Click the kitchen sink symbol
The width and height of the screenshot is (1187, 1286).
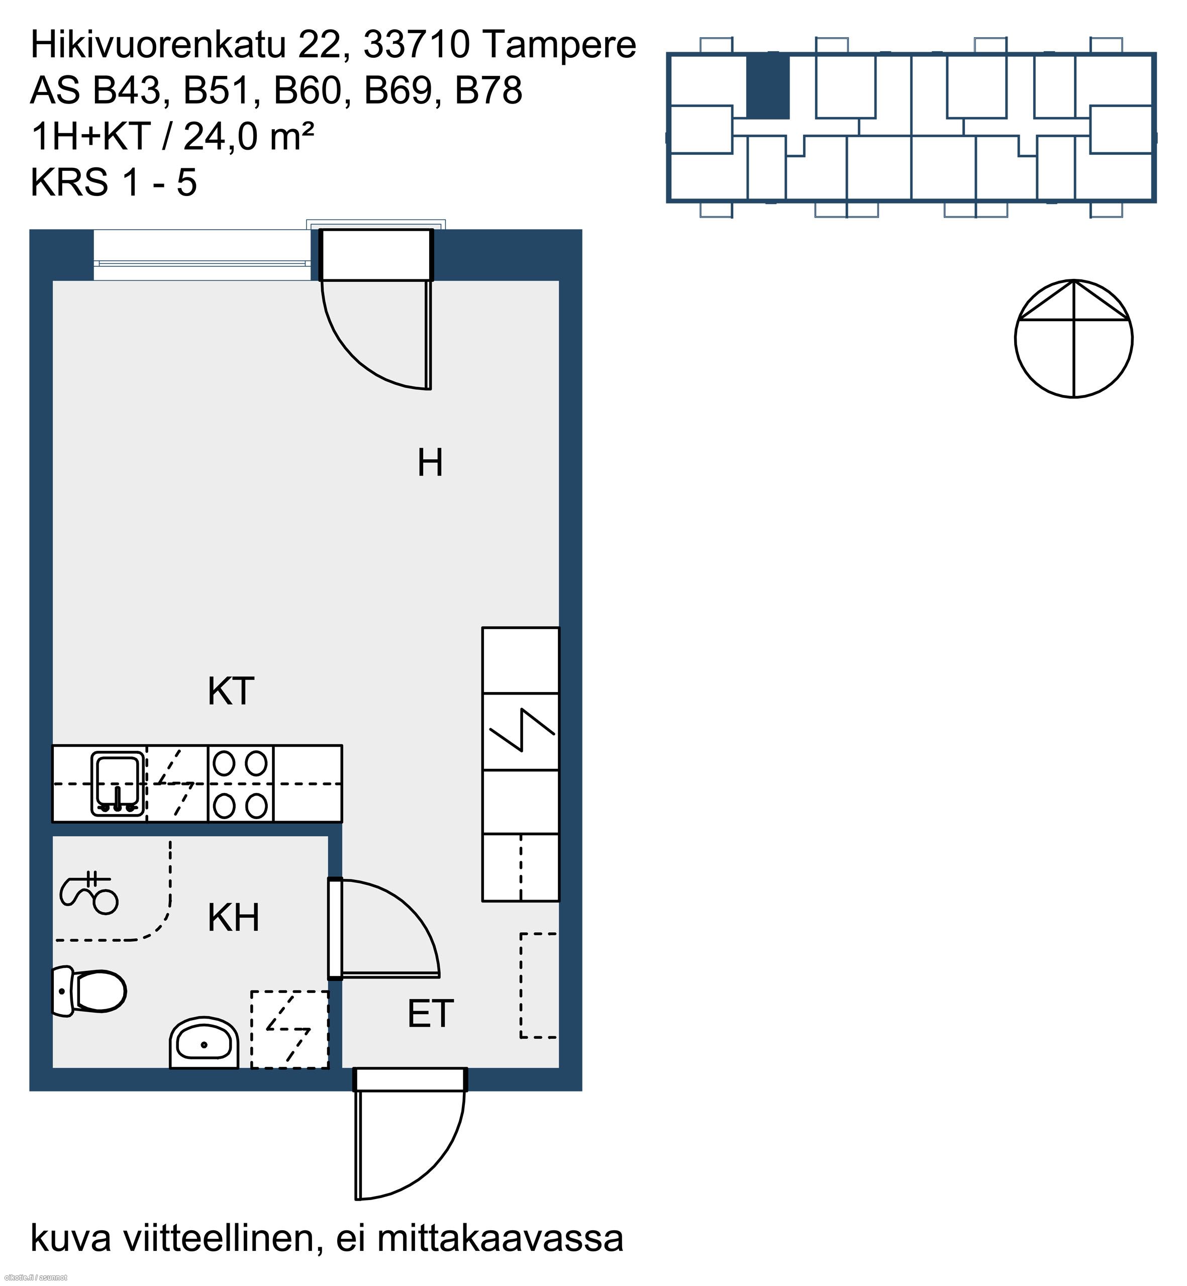click(117, 783)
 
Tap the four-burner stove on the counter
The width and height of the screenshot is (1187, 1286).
click(240, 783)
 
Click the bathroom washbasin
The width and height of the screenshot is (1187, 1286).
click(204, 1043)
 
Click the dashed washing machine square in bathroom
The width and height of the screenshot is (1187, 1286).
click(289, 1030)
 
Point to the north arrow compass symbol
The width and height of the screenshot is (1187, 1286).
click(1073, 339)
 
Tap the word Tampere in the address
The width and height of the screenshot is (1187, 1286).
click(559, 45)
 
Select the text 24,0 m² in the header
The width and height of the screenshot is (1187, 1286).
click(249, 136)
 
